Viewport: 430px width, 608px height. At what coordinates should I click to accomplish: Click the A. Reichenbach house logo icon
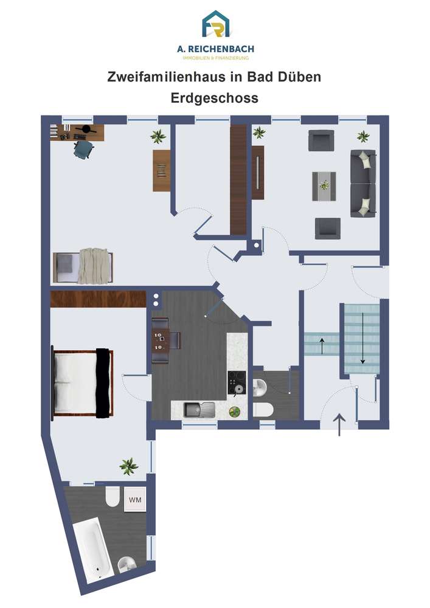[215, 24]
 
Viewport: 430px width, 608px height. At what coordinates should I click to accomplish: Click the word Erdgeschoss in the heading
[215, 98]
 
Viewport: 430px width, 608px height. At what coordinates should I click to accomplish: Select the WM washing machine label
[135, 500]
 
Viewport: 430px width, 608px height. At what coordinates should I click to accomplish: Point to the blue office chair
[84, 149]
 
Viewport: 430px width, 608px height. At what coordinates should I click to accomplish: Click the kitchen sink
[199, 409]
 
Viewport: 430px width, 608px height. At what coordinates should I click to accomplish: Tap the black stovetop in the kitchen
[237, 382]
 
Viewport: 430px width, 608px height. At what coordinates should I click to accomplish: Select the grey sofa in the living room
[363, 184]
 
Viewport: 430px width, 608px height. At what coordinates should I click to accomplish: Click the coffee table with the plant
[324, 186]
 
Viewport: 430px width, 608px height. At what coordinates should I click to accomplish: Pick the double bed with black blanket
[83, 382]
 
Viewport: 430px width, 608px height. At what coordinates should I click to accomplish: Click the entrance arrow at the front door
[339, 424]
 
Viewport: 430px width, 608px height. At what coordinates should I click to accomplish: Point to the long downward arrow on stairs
[362, 337]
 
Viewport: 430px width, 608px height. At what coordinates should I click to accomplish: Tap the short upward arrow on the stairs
[322, 346]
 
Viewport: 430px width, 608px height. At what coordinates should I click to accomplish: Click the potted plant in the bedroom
[129, 466]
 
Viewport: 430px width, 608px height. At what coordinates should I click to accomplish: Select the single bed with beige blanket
[83, 267]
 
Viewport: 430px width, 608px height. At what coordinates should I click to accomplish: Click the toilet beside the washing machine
[113, 497]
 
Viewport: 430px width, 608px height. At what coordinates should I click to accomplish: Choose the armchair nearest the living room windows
[321, 140]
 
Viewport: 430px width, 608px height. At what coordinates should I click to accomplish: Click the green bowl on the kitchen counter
[234, 412]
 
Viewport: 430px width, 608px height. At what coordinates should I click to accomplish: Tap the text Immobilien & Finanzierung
[215, 58]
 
